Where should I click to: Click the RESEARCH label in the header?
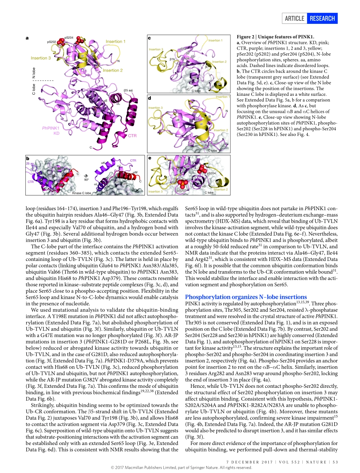pos(322,18)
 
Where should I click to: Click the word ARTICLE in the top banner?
pos(294,18)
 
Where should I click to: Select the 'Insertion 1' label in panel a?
pos(116,41)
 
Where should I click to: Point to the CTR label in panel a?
pos(132,135)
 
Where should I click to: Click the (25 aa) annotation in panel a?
pos(128,90)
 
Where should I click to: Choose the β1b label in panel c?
pos(172,59)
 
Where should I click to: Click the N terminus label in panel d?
pos(226,111)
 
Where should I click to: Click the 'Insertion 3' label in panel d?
pos(156,108)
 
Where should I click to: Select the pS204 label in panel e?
pos(211,173)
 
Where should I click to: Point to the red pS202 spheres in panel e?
pos(182,184)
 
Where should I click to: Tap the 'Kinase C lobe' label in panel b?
pos(81,193)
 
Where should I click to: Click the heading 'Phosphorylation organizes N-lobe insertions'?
pos(246,297)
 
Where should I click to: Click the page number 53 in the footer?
pos(335,461)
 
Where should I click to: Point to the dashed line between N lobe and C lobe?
pos(45,81)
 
